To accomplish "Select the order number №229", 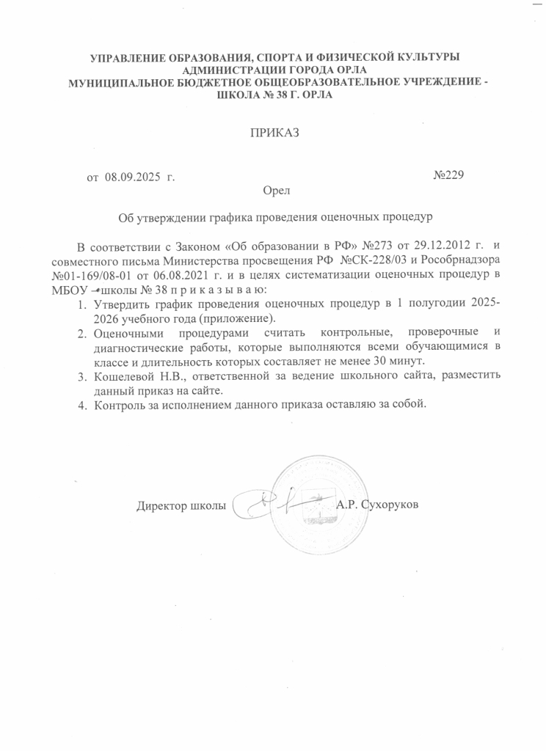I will (x=448, y=176).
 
